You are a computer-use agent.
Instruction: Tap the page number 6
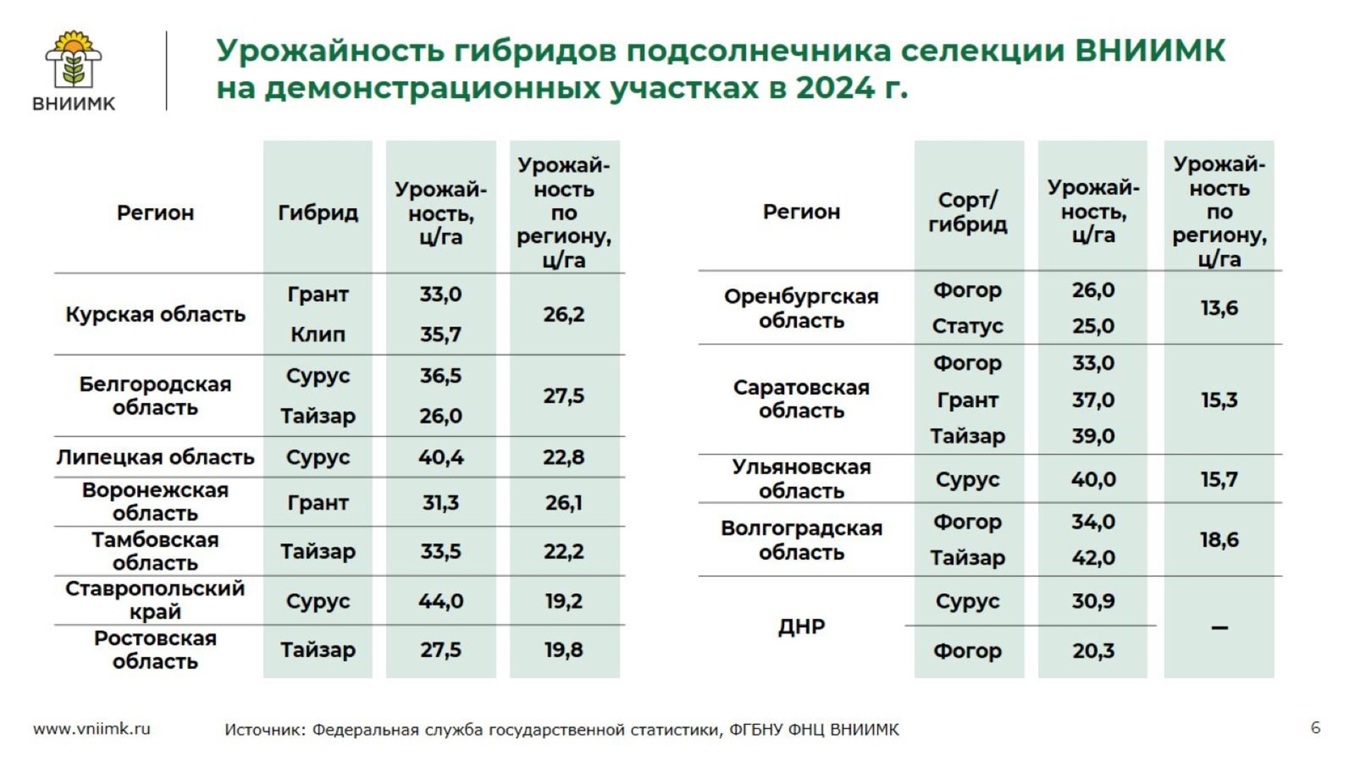tap(1315, 727)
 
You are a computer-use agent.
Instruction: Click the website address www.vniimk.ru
tap(92, 729)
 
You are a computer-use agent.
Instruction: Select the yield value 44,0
tap(440, 601)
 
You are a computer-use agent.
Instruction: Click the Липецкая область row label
tap(155, 457)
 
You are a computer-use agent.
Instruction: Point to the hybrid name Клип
tap(318, 334)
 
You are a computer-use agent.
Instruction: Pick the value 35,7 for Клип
tap(440, 334)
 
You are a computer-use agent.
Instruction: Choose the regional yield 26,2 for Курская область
tap(563, 314)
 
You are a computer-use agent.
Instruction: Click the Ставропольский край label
tap(155, 600)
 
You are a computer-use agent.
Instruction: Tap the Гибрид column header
tap(318, 212)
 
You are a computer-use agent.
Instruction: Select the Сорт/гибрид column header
tap(968, 212)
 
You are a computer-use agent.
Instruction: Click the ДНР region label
tap(801, 627)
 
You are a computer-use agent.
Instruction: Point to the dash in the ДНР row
tap(1219, 627)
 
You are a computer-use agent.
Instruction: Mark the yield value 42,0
tap(1093, 558)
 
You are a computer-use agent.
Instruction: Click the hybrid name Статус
tap(968, 326)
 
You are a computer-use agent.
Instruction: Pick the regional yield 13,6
tap(1219, 308)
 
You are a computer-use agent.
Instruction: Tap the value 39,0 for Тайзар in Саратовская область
tap(1093, 436)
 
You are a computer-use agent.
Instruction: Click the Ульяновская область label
tap(801, 478)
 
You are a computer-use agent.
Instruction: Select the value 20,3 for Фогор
tap(1093, 651)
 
